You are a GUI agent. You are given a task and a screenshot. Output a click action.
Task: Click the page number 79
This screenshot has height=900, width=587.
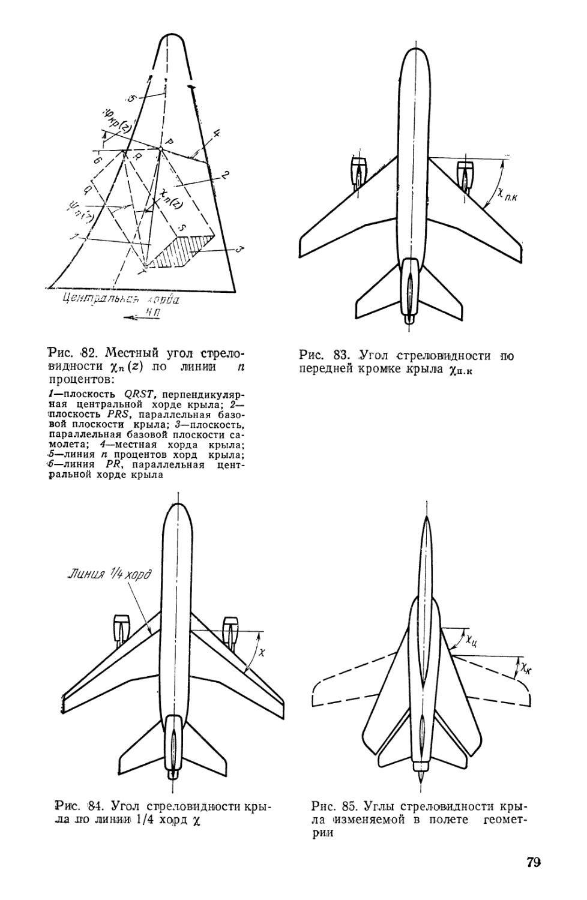(x=533, y=863)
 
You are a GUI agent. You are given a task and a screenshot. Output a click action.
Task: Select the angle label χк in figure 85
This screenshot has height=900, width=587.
(x=525, y=668)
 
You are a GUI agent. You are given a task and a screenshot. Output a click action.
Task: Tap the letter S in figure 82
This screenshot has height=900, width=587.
(x=181, y=228)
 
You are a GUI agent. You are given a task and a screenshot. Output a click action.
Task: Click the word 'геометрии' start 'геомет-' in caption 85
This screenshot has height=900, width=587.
(x=508, y=820)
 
